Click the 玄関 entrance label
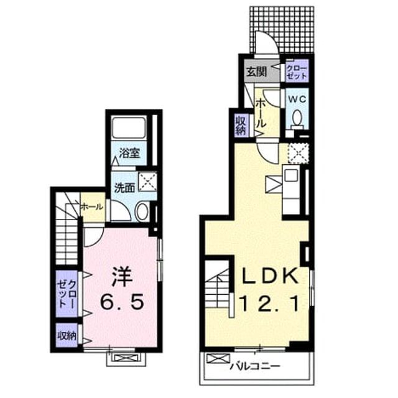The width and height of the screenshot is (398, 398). (257, 72)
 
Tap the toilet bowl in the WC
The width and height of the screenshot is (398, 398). (297, 120)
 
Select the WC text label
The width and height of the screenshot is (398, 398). (297, 99)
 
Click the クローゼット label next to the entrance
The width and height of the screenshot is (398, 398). (297, 72)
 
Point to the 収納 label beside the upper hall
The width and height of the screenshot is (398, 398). (241, 125)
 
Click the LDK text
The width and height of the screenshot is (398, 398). (270, 276)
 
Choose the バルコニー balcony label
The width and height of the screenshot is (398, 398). (255, 366)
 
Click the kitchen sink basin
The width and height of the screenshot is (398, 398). (291, 175)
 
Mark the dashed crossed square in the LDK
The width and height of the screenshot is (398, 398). (298, 154)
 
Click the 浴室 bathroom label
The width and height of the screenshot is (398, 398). (129, 153)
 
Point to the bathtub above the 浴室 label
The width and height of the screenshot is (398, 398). (129, 127)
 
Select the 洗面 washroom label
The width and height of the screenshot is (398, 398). (124, 188)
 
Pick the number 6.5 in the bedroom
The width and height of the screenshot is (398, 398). (123, 302)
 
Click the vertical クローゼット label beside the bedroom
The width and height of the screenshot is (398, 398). (67, 294)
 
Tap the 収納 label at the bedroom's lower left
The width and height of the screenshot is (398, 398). (67, 336)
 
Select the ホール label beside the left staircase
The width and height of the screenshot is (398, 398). (92, 207)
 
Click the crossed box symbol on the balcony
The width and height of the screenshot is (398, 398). (218, 358)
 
